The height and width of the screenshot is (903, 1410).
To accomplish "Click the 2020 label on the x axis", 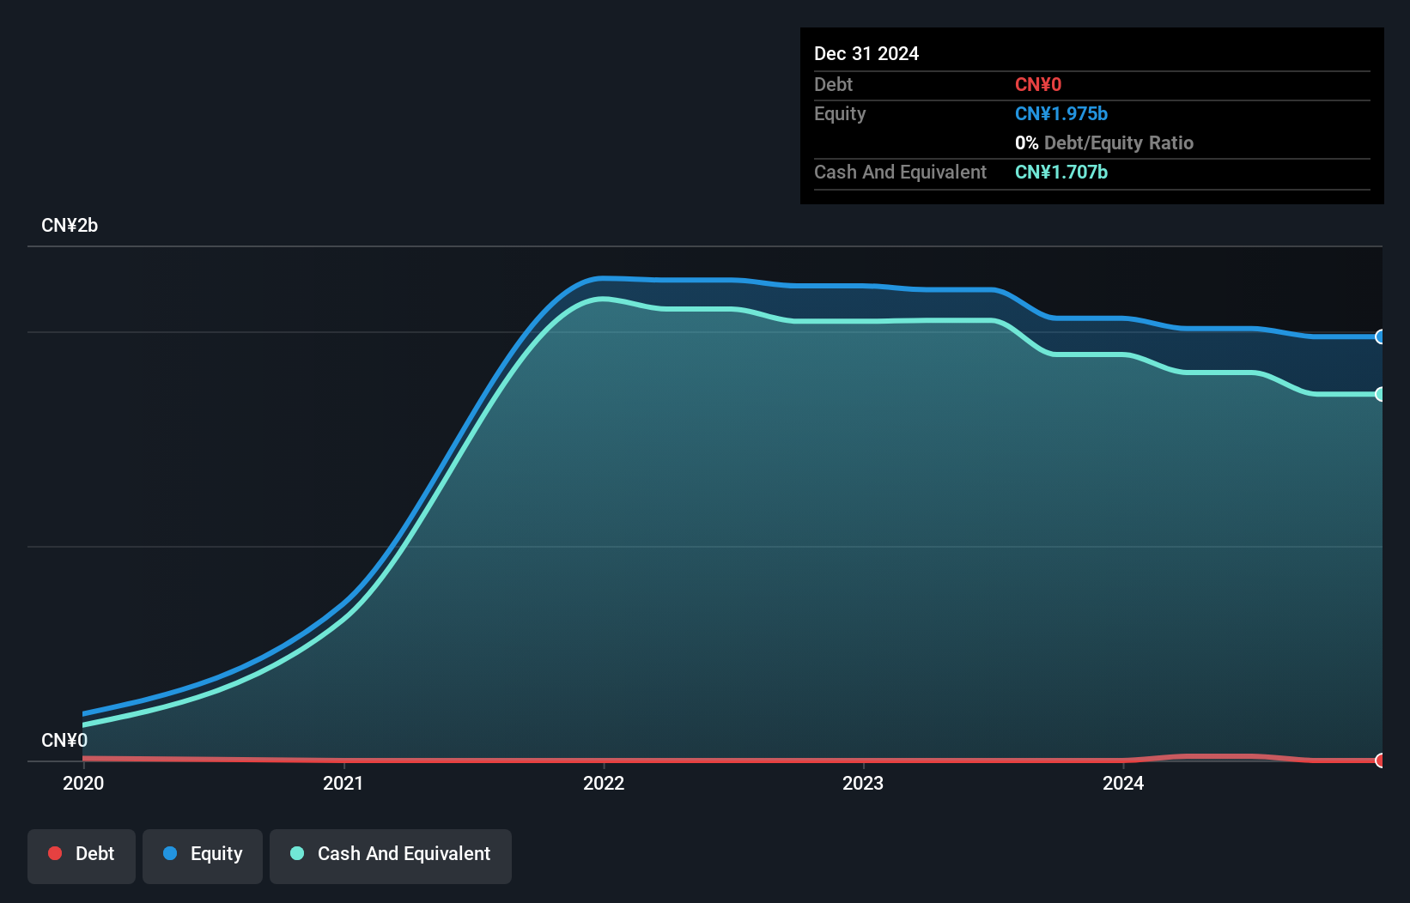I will (x=83, y=783).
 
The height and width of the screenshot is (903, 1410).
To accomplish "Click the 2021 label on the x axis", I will (x=343, y=783).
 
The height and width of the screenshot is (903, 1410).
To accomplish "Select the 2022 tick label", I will (x=604, y=783).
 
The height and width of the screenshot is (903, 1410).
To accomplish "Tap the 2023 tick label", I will (x=863, y=783).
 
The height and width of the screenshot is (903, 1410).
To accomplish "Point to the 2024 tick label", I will (x=1123, y=783).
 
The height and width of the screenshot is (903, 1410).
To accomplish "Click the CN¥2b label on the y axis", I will (x=70, y=226).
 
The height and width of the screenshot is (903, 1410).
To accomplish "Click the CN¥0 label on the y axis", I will (x=64, y=740).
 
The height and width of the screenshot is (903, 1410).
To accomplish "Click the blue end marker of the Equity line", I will (x=1380, y=336).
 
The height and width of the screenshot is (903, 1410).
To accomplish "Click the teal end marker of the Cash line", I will (x=1380, y=394).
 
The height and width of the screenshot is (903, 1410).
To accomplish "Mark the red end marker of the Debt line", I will (x=1380, y=761).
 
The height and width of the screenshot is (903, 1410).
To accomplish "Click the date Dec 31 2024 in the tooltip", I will (x=866, y=53).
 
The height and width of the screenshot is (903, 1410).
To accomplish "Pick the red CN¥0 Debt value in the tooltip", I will (x=1038, y=84).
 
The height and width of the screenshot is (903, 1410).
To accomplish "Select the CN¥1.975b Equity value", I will (x=1061, y=113).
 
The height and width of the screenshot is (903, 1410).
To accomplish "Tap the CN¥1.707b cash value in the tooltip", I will (x=1061, y=172).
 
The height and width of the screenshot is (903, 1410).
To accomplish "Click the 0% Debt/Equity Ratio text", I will (x=1104, y=142).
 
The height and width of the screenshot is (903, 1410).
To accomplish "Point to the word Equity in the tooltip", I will (x=840, y=113).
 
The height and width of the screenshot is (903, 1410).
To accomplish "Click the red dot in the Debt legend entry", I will (x=55, y=853).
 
